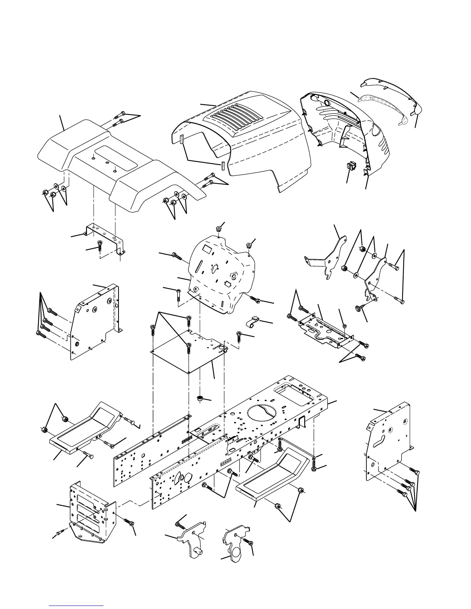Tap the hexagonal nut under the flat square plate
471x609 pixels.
pos(200,398)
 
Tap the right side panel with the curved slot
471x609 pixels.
pos(389,442)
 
